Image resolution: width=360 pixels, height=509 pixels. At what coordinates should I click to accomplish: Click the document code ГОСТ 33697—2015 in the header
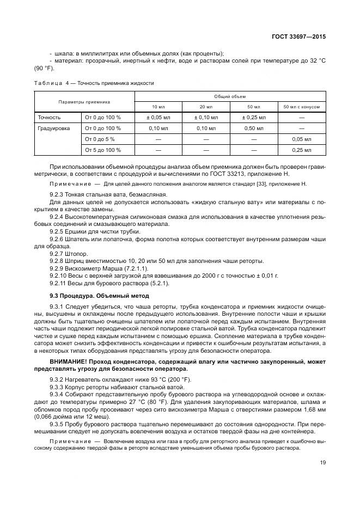tap(303, 37)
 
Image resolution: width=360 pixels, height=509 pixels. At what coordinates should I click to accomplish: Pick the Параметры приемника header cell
tap(85, 101)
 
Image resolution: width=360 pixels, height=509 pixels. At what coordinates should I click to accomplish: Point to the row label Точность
tap(49, 117)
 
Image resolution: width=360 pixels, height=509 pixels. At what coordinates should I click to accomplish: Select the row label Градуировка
tap(53, 128)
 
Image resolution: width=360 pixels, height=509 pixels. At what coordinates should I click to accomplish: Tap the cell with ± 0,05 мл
tap(159, 117)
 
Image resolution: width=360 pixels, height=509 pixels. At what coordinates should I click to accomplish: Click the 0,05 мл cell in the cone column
tap(301, 139)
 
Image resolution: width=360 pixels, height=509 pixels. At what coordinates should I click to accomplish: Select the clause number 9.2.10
tap(59, 276)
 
